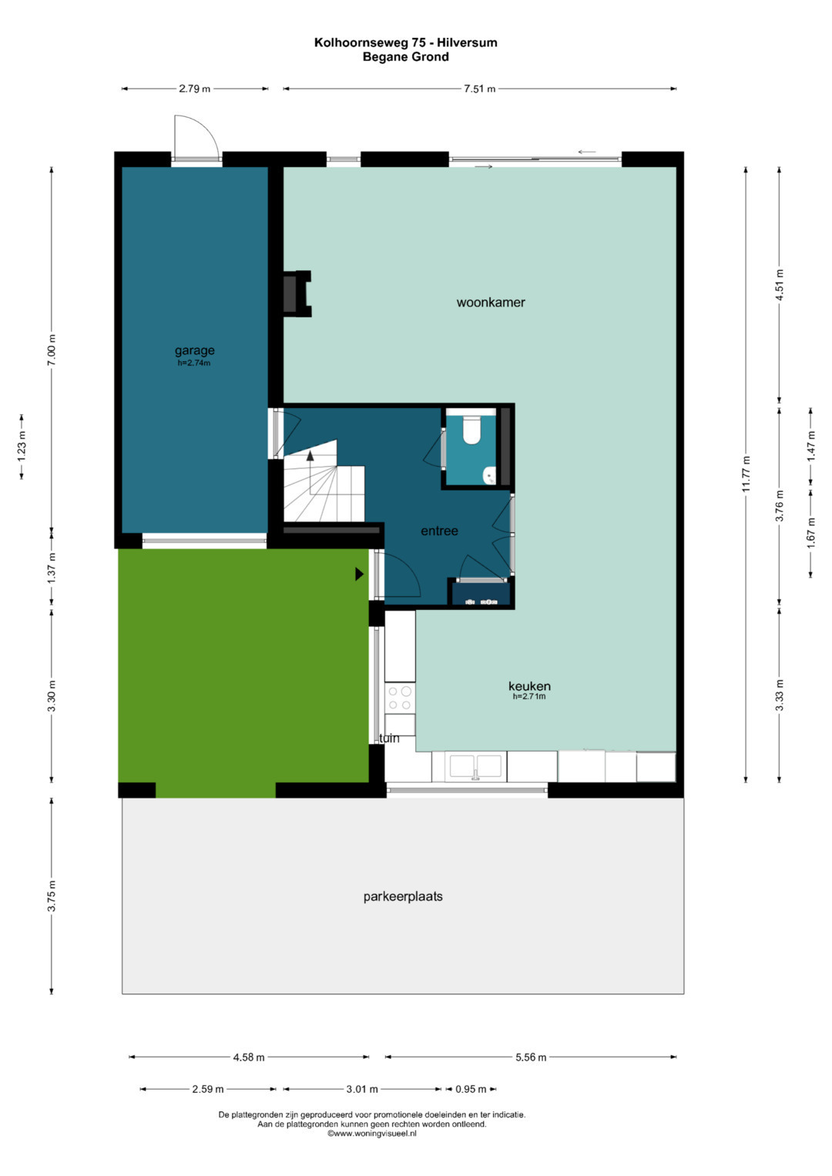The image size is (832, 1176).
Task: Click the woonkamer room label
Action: [x=491, y=303]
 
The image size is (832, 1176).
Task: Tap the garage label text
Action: [x=194, y=350]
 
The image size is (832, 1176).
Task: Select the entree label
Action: [x=439, y=531]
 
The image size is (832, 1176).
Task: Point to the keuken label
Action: [x=529, y=685]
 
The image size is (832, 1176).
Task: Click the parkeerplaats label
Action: [x=403, y=896]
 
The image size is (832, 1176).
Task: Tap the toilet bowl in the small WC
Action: [x=471, y=431]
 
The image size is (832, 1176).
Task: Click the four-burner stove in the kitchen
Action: [x=400, y=699]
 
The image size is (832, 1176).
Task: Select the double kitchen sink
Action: [x=475, y=767]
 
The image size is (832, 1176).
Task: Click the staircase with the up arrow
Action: [x=324, y=481]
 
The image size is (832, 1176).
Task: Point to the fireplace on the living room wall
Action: [x=297, y=293]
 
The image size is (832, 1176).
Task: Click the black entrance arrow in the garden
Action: [x=359, y=574]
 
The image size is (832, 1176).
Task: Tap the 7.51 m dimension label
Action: [x=479, y=89]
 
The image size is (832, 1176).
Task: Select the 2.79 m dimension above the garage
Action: [x=194, y=89]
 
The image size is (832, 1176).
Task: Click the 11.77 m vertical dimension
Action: [x=746, y=474]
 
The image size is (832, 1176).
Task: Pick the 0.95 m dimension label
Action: [x=471, y=1089]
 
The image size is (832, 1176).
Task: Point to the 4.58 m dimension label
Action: [x=248, y=1057]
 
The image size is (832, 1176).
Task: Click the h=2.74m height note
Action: [x=194, y=363]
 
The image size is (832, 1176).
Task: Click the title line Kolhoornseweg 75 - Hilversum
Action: [x=405, y=42]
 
